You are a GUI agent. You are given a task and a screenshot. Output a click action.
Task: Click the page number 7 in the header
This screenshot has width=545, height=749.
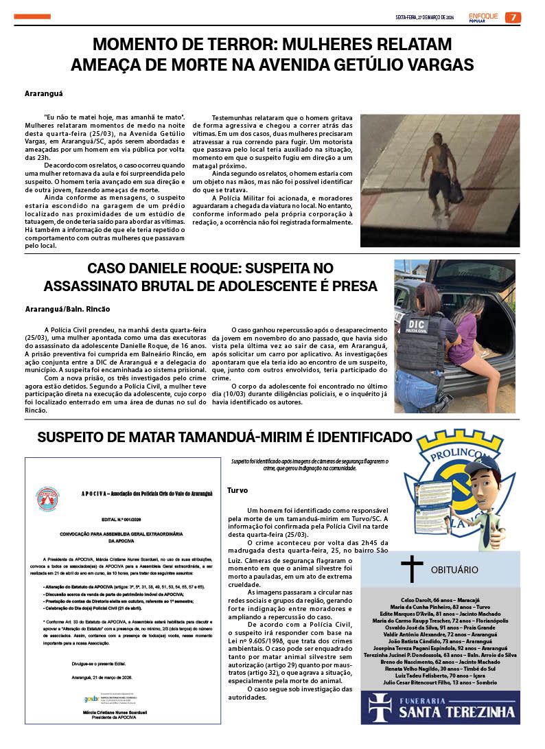(513, 17)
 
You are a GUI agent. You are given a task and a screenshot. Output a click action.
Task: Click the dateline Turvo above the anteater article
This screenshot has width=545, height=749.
(237, 490)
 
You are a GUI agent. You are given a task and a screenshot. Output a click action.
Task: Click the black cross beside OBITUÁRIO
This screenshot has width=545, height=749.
(411, 569)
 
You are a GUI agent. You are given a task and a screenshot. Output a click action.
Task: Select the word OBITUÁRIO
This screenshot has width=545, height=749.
(454, 570)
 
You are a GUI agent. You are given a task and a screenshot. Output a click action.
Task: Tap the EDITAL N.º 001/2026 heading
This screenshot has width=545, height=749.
(125, 521)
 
